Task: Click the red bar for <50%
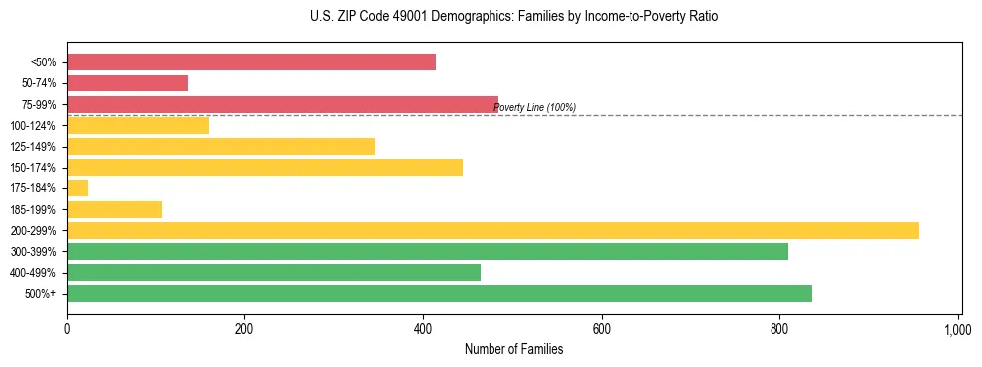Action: coord(251,62)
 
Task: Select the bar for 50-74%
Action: coord(127,83)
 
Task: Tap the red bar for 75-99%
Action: coord(282,104)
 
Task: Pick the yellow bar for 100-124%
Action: coord(137,125)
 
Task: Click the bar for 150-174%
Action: coord(264,167)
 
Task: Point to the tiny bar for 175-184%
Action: coord(77,187)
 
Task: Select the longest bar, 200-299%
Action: coord(492,230)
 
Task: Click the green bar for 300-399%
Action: coord(427,251)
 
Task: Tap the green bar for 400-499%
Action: coord(273,272)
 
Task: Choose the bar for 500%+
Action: coord(439,293)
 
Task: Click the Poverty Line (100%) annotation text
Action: coord(534,108)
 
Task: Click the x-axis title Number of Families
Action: coord(513,350)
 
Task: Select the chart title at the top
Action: coord(513,17)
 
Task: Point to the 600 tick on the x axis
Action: coord(602,328)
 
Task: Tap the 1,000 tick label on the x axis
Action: coord(957,328)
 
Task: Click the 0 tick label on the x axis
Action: coord(67,328)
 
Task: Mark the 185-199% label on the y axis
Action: coord(34,209)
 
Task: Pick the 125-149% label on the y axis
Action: coord(34,147)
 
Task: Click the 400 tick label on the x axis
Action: coord(423,328)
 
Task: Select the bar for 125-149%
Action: coord(220,146)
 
